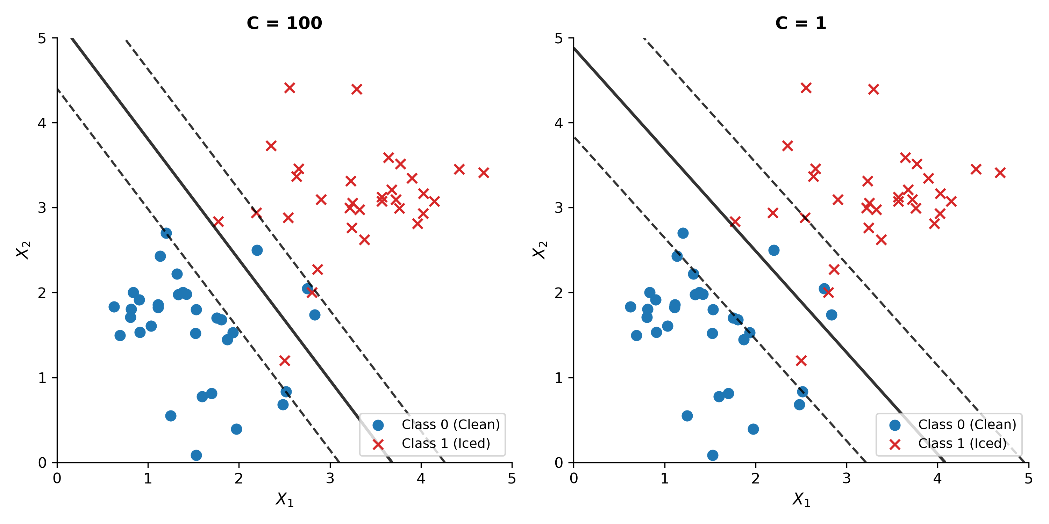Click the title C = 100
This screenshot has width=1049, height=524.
click(284, 23)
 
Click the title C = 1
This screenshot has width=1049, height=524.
click(801, 23)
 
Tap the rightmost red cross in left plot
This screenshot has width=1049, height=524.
click(483, 173)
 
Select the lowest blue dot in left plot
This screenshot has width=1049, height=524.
click(196, 455)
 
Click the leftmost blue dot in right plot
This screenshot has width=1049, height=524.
click(630, 307)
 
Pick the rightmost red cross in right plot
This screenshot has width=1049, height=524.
click(1000, 173)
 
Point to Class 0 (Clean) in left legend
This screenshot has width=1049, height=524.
click(450, 425)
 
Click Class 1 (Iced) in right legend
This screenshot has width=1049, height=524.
click(962, 443)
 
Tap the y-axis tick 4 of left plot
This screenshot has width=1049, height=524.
click(42, 123)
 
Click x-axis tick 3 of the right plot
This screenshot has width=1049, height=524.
click(847, 479)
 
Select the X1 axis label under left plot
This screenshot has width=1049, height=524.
click(284, 499)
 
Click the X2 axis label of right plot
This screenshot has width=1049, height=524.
click(540, 250)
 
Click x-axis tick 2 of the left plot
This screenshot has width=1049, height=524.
click(238, 479)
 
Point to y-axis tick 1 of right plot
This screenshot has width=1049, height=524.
click(559, 378)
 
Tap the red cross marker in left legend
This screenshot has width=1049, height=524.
click(378, 444)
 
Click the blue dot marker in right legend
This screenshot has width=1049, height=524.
click(895, 425)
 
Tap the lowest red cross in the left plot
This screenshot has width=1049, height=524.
click(285, 361)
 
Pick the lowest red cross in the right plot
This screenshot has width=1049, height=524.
click(801, 361)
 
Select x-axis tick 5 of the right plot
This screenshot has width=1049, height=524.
click(1028, 479)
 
